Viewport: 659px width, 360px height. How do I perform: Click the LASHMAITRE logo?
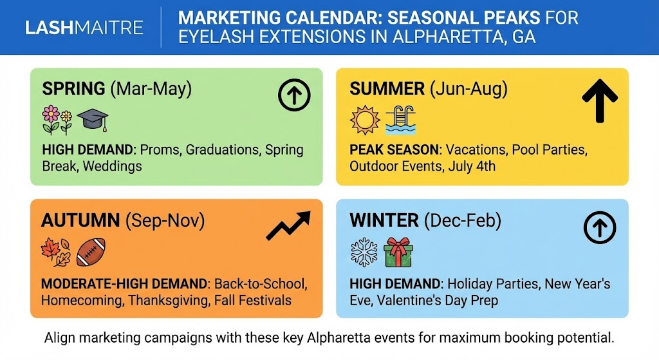click(x=84, y=28)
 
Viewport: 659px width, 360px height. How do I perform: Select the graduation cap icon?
click(x=93, y=119)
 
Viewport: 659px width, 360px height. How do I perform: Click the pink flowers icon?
click(x=57, y=119)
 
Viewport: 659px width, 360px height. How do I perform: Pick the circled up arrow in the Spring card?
click(x=294, y=96)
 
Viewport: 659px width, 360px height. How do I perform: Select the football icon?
click(x=91, y=252)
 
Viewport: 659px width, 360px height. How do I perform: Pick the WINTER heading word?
click(x=384, y=221)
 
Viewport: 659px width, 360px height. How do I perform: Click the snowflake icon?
click(x=364, y=252)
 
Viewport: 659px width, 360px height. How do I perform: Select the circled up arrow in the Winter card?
click(x=600, y=228)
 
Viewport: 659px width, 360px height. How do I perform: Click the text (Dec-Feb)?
click(x=462, y=221)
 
